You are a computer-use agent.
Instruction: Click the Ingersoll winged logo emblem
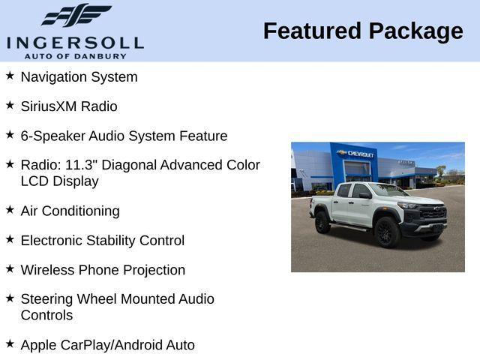pos(76,15)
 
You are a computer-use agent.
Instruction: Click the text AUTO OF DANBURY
pos(75,56)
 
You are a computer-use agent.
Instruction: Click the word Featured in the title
pos(313,31)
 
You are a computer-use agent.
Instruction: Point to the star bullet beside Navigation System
pos(10,76)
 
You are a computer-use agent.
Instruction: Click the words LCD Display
pos(59,181)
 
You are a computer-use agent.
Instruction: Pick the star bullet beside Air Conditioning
pos(10,210)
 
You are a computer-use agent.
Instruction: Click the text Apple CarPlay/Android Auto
pos(107,345)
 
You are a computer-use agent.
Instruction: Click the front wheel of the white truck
pos(388,232)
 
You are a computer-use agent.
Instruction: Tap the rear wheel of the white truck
pos(323,222)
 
